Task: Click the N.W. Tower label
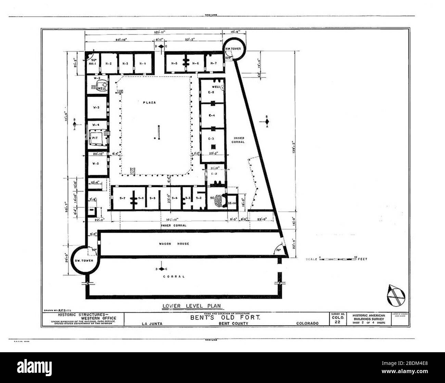pos(233,49)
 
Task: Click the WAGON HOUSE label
pos(176,243)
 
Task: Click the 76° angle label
pos(279,250)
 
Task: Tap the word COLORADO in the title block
pos(307,323)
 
